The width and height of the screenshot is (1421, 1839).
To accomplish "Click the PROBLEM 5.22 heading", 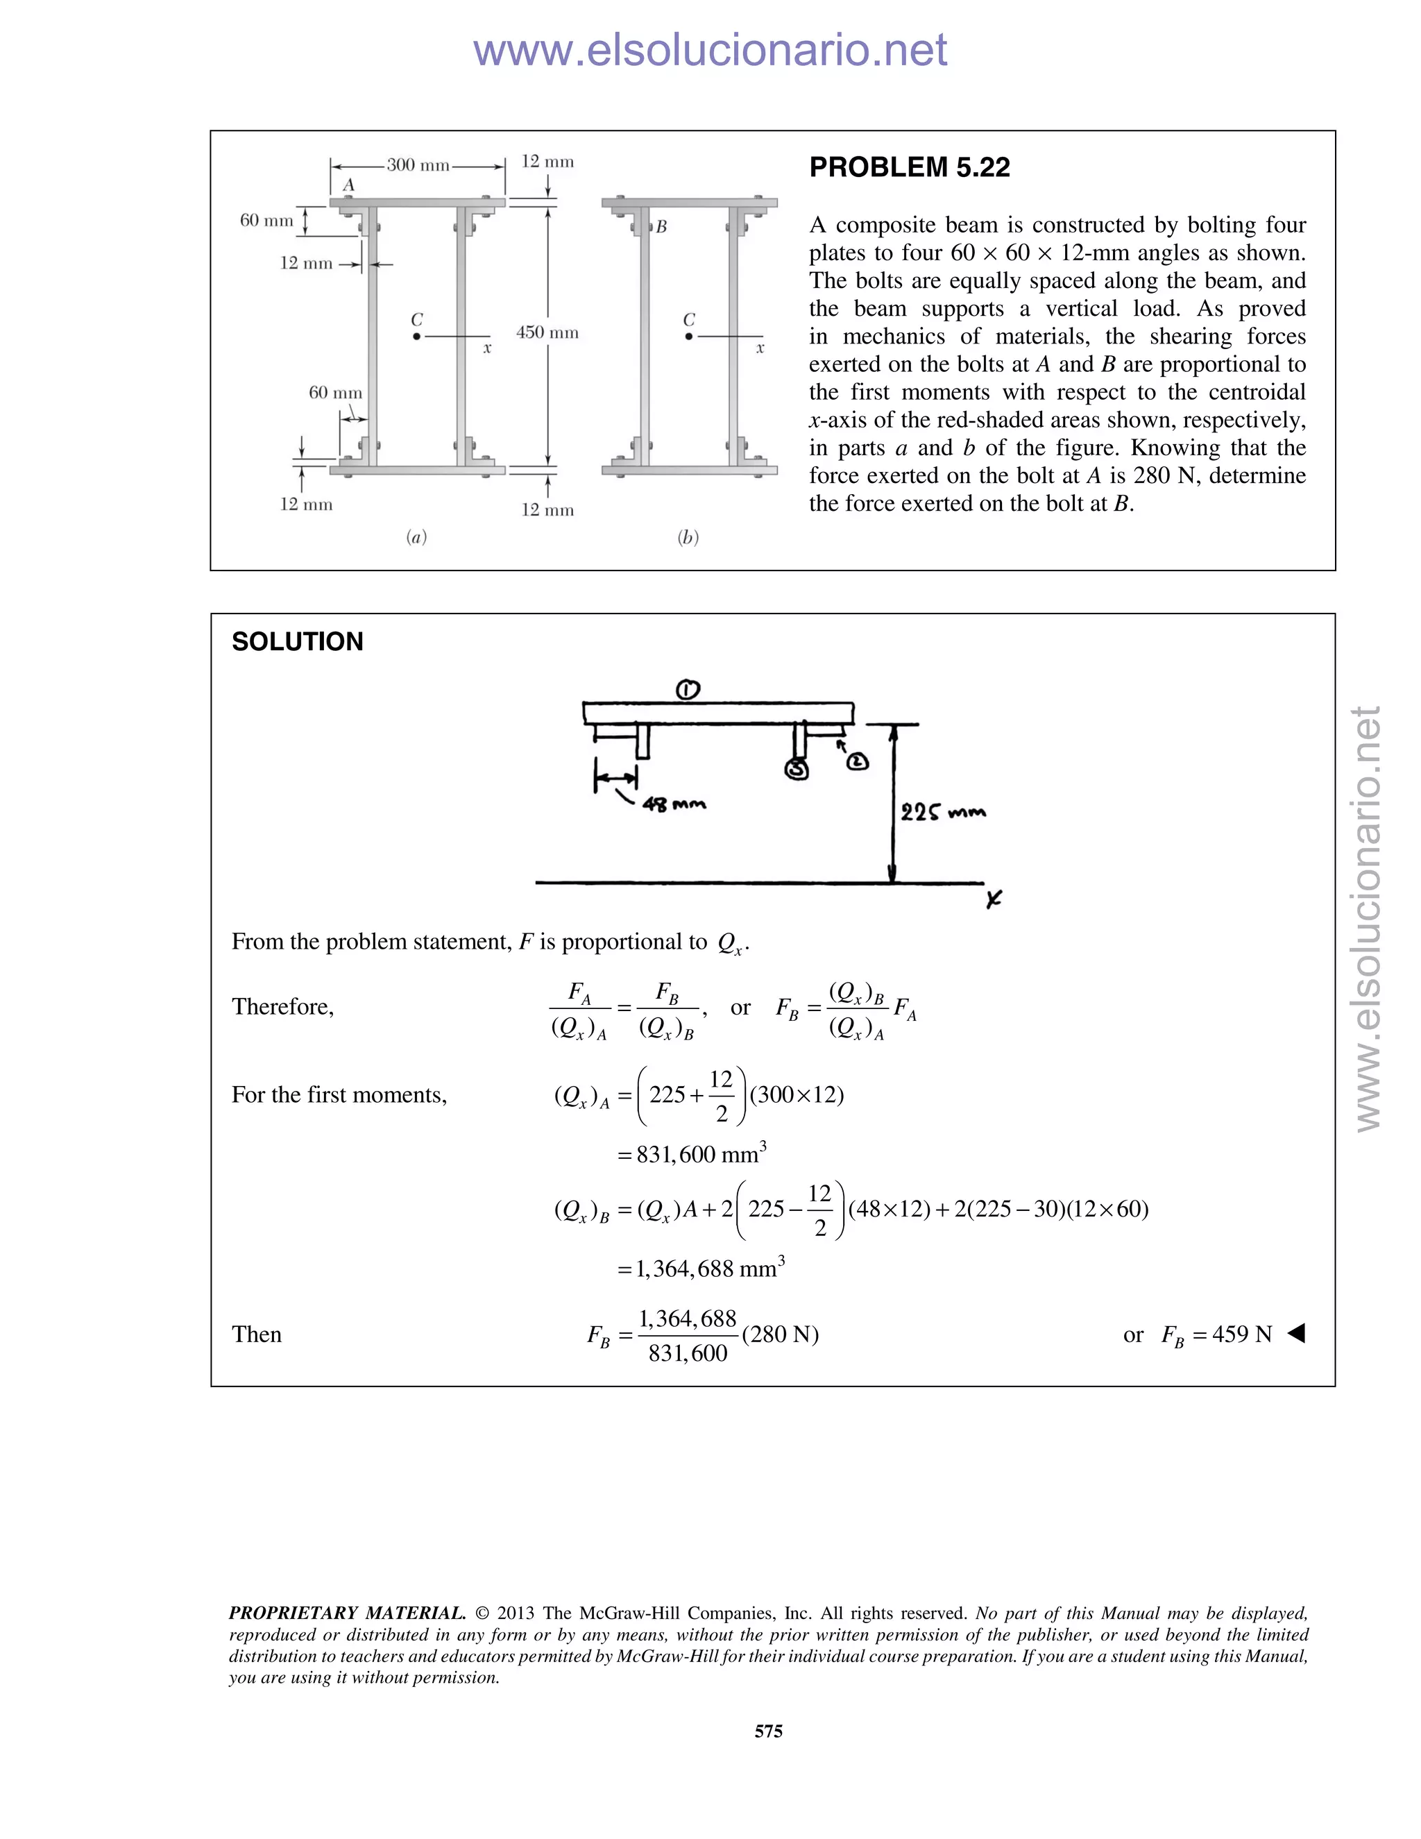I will point(909,167).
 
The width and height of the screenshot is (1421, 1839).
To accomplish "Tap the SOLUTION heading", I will point(297,642).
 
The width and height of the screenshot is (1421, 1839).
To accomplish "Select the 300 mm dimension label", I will point(418,165).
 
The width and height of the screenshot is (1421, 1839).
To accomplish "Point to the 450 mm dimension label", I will point(547,332).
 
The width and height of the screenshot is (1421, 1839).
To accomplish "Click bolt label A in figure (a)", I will point(348,185).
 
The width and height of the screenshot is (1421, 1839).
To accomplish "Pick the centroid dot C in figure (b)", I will point(688,337).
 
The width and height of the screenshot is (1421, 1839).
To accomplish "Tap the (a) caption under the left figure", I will point(416,537).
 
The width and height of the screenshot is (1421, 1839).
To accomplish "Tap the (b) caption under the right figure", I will point(688,537).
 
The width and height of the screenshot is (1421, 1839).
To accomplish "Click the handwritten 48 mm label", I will point(674,805).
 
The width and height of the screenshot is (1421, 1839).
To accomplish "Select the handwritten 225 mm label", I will point(942,813).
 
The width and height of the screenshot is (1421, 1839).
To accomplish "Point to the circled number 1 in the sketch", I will point(688,690).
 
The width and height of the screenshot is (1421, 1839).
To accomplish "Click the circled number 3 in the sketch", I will point(796,769).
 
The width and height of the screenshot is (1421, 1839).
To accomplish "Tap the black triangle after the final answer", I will point(1296,1333).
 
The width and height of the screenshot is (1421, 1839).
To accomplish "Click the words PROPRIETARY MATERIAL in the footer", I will point(347,1613).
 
